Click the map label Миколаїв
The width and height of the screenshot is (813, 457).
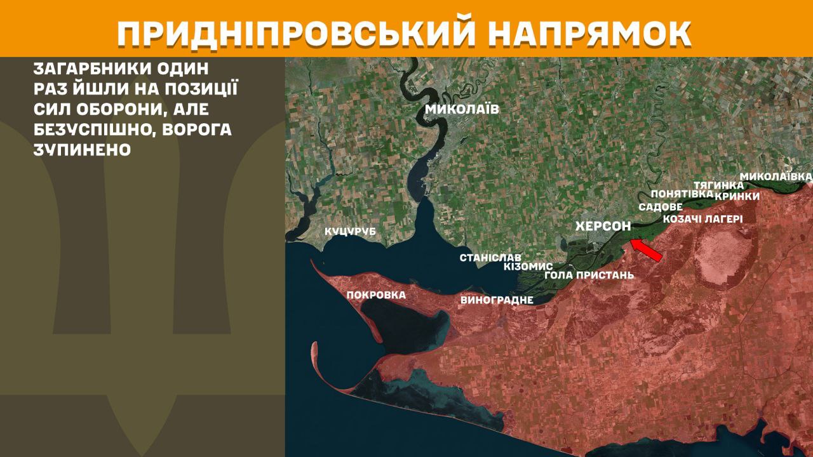pyautogui.click(x=462, y=109)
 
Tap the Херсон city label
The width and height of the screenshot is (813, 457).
pyautogui.click(x=603, y=226)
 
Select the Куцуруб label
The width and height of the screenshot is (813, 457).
pyautogui.click(x=350, y=232)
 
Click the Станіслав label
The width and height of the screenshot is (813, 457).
pyautogui.click(x=490, y=258)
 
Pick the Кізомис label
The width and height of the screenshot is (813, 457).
pyautogui.click(x=528, y=267)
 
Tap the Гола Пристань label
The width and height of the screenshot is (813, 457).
pyautogui.click(x=589, y=275)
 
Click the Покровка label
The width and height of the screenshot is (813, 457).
pyautogui.click(x=376, y=295)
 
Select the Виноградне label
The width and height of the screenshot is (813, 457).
pyautogui.click(x=497, y=300)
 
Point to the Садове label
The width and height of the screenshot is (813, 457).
pyautogui.click(x=661, y=207)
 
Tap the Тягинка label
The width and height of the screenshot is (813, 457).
pyautogui.click(x=718, y=185)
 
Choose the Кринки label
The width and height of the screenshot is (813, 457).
pyautogui.click(x=737, y=196)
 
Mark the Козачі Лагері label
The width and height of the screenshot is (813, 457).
pyautogui.click(x=702, y=219)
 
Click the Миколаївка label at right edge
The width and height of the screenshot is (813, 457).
pyautogui.click(x=776, y=175)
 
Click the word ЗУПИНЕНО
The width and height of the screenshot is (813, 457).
pyautogui.click(x=83, y=150)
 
